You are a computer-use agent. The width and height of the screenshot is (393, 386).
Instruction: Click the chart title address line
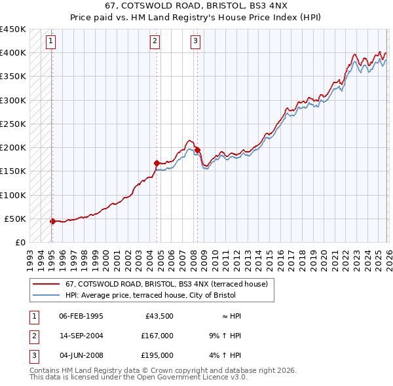(x=196, y=6)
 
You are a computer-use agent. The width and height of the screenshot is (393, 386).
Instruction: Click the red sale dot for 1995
(x=52, y=221)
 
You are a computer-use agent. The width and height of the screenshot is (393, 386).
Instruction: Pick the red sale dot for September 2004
(x=157, y=163)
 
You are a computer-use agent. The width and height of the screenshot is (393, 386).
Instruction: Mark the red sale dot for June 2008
(x=197, y=150)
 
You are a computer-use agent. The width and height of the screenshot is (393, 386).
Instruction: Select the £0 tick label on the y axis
(x=20, y=242)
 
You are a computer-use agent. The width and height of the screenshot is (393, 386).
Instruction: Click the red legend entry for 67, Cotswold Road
(x=166, y=285)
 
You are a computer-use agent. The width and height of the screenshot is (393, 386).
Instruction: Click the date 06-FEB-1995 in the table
(x=81, y=315)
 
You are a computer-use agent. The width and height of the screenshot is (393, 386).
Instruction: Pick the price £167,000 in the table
(x=157, y=336)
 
